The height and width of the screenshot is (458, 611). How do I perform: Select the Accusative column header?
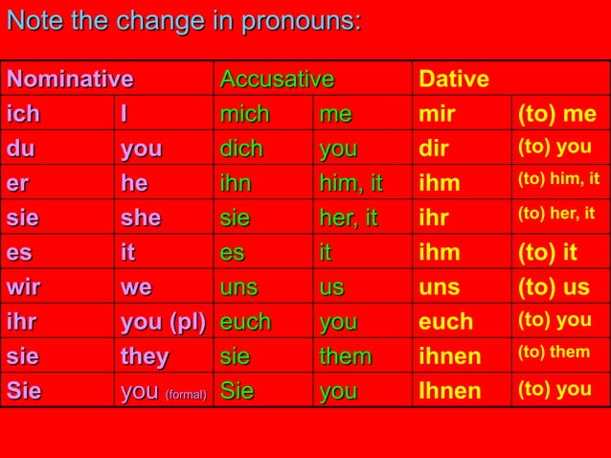(x=277, y=79)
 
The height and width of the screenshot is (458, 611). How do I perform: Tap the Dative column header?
(x=454, y=79)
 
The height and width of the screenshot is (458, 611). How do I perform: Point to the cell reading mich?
(x=245, y=114)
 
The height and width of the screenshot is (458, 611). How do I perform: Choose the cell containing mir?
(x=438, y=114)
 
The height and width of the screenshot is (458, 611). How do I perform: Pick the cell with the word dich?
(x=241, y=149)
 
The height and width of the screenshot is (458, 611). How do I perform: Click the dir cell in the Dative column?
(x=433, y=149)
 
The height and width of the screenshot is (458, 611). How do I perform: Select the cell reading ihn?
(x=235, y=183)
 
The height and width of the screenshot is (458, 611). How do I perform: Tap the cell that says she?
(x=141, y=218)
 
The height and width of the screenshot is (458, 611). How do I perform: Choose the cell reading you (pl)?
(x=163, y=321)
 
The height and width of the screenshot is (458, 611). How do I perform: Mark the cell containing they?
(x=145, y=356)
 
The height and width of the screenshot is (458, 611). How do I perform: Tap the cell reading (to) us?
(x=554, y=286)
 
